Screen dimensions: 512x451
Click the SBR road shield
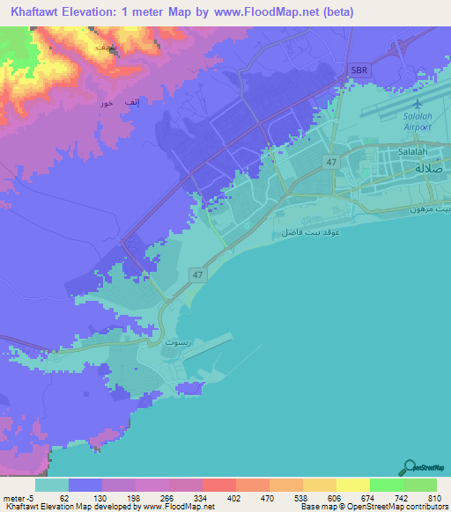coord(359,69)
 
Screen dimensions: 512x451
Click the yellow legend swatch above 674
coord(352,485)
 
